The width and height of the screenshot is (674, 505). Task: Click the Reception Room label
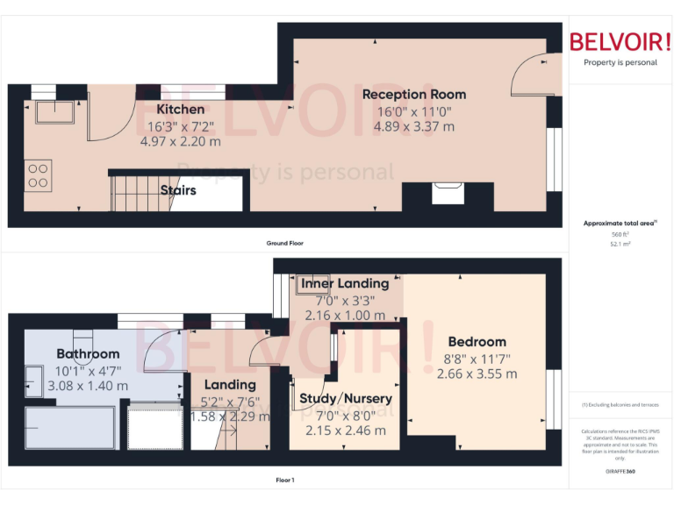[x=414, y=95]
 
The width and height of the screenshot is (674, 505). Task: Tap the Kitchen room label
[x=181, y=110]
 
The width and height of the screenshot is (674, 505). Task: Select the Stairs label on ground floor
[x=178, y=189]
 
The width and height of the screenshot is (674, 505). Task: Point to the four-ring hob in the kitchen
[x=38, y=175]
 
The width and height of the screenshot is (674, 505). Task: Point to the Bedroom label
[x=477, y=342]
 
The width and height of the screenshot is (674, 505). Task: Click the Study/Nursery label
[x=345, y=399]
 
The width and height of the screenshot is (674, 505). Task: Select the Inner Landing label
[x=345, y=283]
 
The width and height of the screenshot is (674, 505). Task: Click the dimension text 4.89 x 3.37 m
[x=414, y=126]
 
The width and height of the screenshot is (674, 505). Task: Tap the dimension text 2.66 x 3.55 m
[x=477, y=373]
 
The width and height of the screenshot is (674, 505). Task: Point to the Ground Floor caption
[x=285, y=243]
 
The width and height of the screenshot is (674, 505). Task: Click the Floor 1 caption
[x=284, y=480]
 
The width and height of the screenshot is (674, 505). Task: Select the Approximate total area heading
[x=619, y=224]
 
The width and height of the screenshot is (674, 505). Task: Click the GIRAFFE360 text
[x=620, y=471]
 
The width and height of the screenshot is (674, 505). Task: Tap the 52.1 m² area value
[x=620, y=244]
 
